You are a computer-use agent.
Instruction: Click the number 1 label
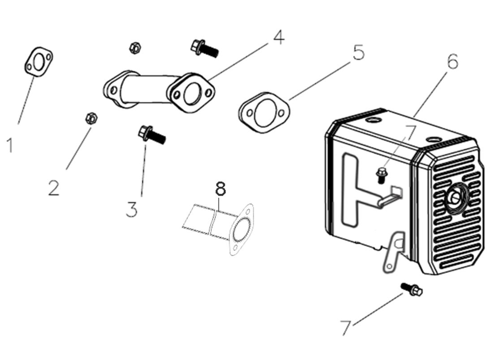point(10,145)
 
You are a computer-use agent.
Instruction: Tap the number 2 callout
point(54,188)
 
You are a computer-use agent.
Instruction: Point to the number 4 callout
point(278,38)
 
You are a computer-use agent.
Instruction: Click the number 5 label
point(358,53)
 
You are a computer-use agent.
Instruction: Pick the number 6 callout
point(452,61)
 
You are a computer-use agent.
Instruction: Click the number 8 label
point(220,189)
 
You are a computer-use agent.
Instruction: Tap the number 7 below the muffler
point(345,328)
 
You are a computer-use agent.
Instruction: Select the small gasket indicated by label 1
point(39,62)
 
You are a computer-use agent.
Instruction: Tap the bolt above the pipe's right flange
point(204,47)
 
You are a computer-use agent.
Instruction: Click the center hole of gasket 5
point(264,112)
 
